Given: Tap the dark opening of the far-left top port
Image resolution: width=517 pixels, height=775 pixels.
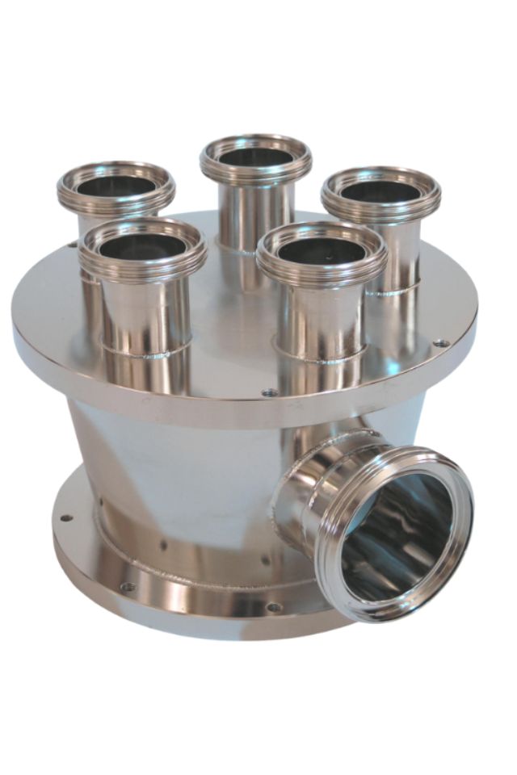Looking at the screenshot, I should coord(116,186).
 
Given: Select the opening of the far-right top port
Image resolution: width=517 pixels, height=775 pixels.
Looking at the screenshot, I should coord(380,191).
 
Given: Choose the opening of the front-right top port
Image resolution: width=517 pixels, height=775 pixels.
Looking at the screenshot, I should coord(322,249).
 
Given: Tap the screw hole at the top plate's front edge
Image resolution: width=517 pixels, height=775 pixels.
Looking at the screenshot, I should coord(270,392).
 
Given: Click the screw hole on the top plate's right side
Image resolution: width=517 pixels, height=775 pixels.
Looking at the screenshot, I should coord(441,343).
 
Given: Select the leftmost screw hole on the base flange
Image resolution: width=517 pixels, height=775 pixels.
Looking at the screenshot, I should coord(66,518).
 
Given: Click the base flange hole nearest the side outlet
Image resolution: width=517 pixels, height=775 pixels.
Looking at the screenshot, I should coord(275,606).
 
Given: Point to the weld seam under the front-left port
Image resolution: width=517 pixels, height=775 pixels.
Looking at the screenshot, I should coord(145,352).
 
